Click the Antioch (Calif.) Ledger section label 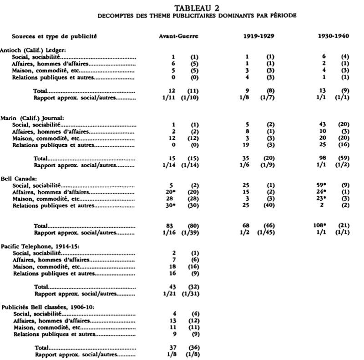click(x=27, y=50)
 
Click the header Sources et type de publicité click(x=54, y=36)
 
